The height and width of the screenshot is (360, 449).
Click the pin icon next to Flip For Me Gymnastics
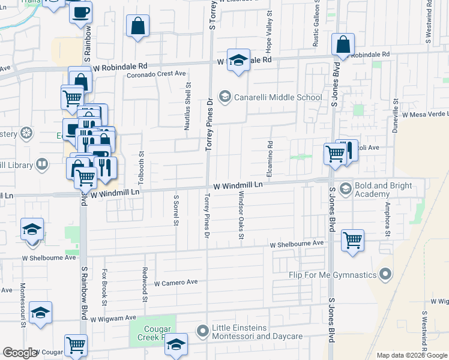point(386,275)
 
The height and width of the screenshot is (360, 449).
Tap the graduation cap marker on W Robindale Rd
point(238,61)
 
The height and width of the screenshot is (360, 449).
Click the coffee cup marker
point(81,13)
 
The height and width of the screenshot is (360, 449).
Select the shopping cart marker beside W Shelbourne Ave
point(353,240)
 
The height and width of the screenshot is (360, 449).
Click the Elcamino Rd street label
point(271,153)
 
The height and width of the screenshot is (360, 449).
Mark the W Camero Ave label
point(176,283)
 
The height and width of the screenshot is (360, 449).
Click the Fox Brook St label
point(104,295)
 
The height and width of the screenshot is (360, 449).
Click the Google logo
point(20,353)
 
